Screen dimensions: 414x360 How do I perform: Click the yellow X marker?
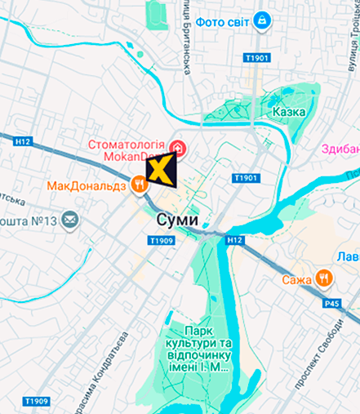161,173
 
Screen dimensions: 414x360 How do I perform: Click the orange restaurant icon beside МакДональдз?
141,185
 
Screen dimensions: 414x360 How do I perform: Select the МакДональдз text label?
87,185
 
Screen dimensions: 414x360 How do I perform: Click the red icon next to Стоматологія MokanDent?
178,149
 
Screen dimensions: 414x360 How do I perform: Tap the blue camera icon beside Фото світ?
262,20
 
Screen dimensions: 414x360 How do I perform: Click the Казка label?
289,112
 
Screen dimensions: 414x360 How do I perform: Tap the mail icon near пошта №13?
71,219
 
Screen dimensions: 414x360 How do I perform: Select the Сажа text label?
298,280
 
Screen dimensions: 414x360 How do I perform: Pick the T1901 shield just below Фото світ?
256,59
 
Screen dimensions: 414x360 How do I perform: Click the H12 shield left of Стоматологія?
22,140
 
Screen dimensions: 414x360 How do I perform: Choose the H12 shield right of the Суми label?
235,239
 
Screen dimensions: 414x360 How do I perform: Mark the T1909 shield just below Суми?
162,241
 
